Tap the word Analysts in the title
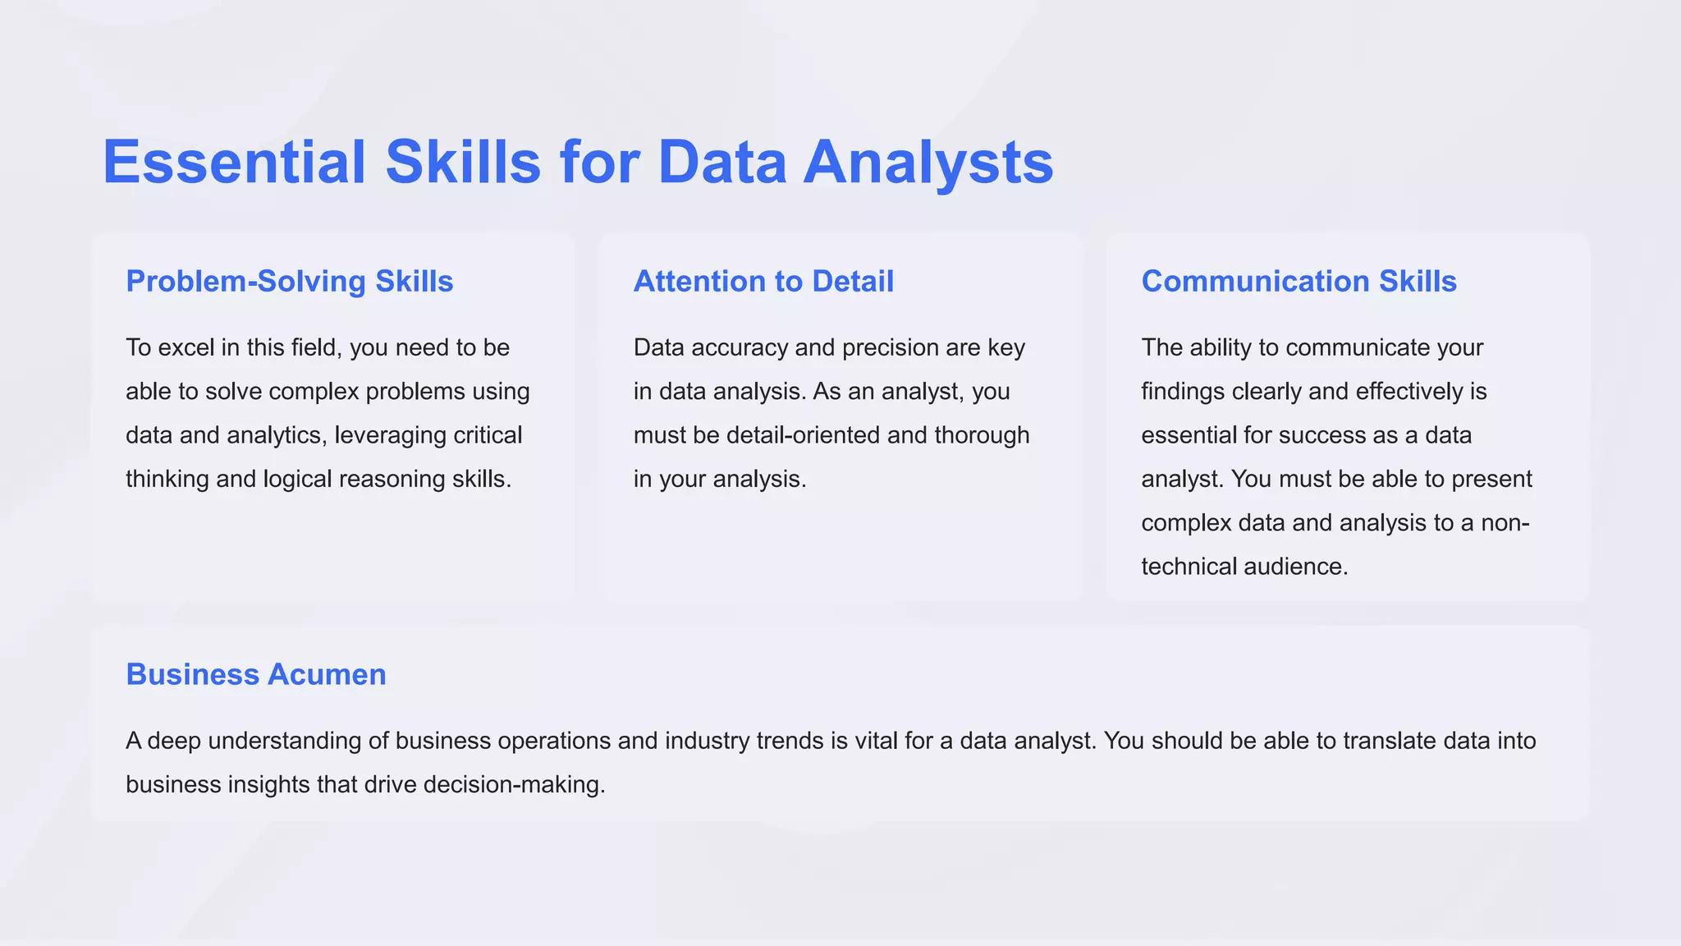[928, 162]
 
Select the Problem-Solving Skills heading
[289, 282]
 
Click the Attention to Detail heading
[763, 282]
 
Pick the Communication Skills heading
[1299, 282]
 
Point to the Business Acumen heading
[255, 674]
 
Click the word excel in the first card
[186, 348]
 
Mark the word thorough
[982, 435]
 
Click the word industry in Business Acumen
[706, 741]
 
